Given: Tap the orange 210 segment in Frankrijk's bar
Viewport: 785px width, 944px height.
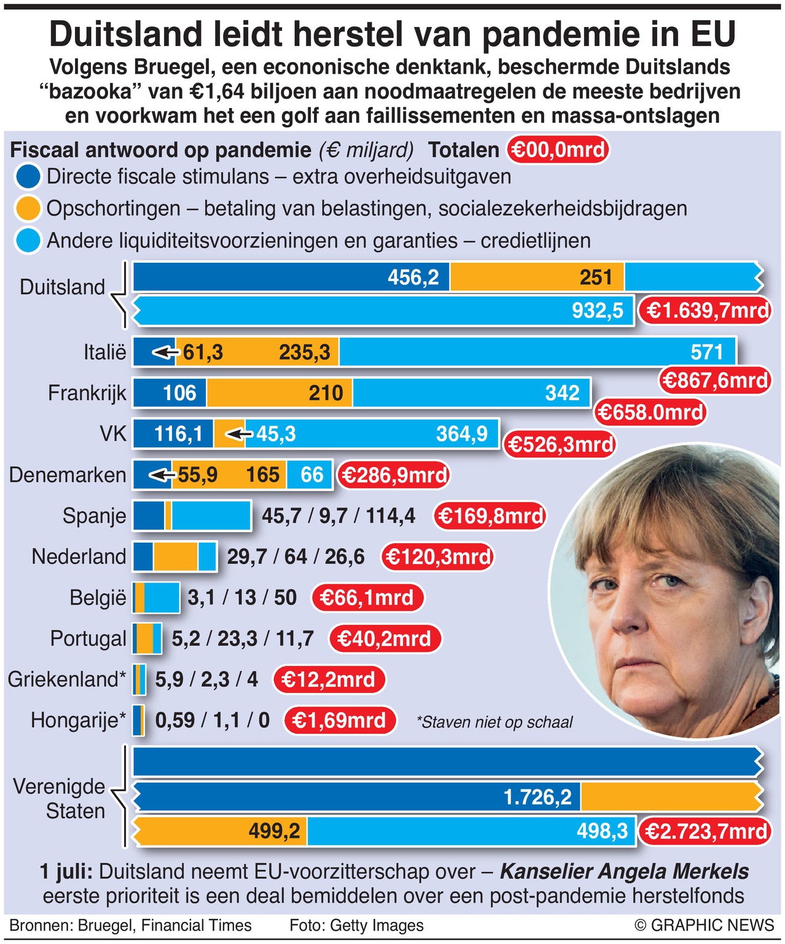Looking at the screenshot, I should pos(279,393).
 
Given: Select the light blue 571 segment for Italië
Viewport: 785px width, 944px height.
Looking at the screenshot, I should pos(537,352).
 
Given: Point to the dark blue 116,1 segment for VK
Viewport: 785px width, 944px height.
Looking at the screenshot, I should pos(173,434).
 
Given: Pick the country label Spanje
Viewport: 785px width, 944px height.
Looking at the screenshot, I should pos(94,516).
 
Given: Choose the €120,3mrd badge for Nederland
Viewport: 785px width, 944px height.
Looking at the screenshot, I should pos(438,557).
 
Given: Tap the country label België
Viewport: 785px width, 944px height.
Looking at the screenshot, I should pos(97,597).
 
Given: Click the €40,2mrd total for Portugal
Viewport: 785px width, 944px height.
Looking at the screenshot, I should pos(385,638).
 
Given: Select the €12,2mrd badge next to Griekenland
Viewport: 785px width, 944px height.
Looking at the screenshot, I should pos(329,679).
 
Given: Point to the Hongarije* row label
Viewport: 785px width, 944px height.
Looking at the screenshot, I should pos(78,720).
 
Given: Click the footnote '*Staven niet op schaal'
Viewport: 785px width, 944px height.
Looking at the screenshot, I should pos(494,722).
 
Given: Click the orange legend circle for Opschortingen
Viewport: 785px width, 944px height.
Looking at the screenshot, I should pos(28,209).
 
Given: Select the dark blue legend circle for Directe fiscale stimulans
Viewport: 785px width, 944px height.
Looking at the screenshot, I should pos(28,177).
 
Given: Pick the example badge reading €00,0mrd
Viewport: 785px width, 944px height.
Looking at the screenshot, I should pos(558,150).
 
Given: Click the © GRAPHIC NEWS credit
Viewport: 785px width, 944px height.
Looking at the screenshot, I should pos(705,925).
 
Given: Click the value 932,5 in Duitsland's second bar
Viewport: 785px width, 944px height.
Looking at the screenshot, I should pos(597,311).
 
